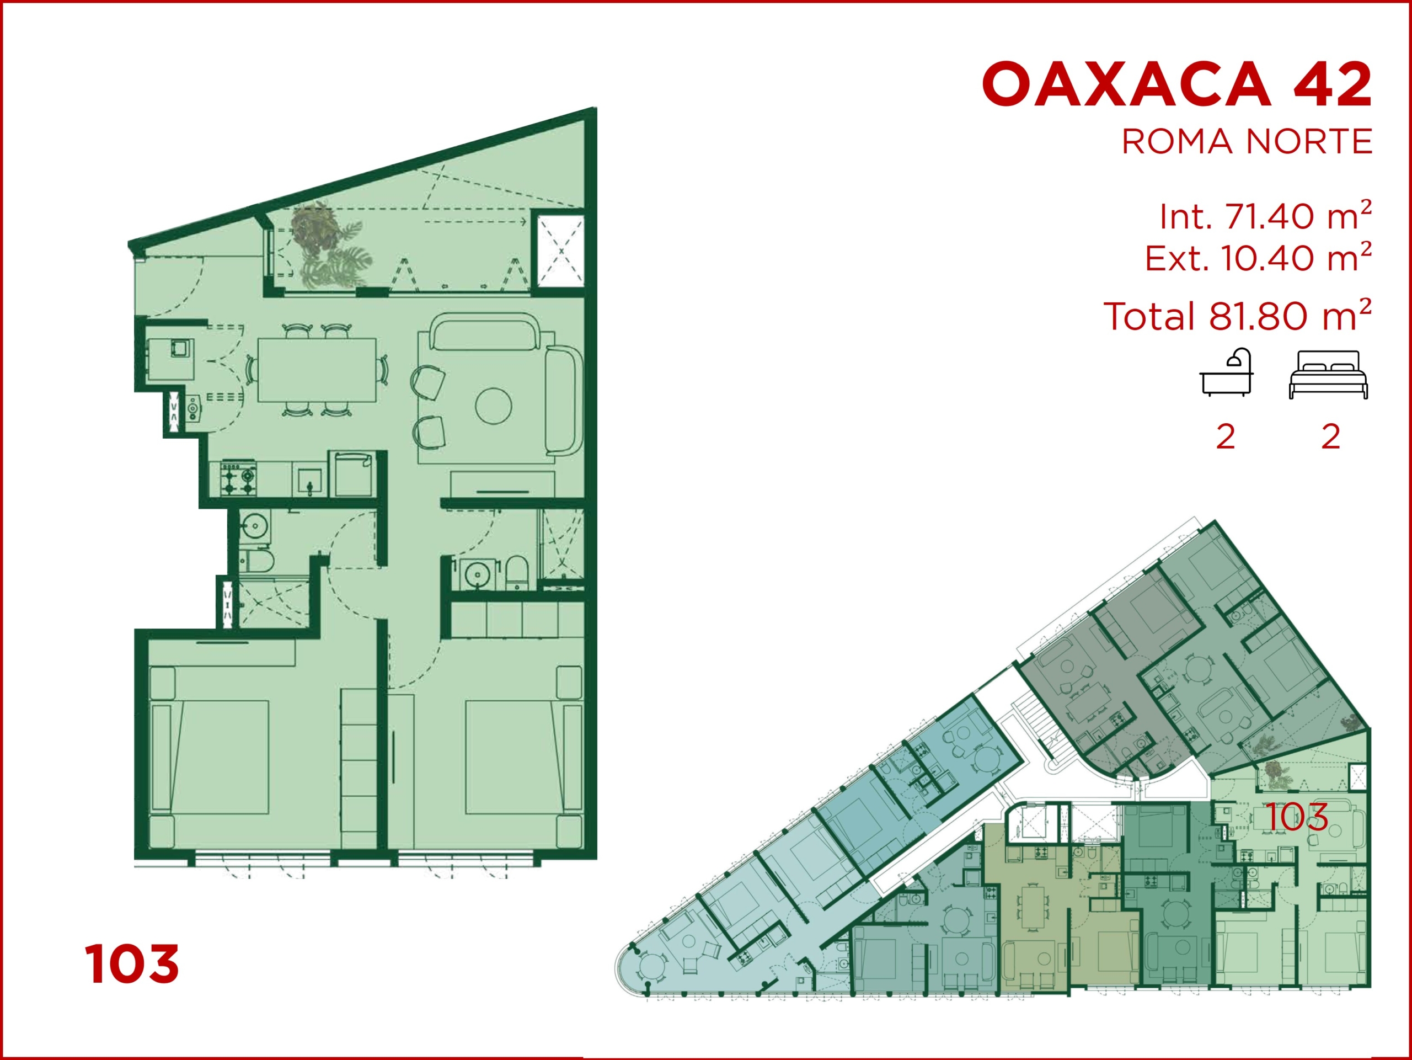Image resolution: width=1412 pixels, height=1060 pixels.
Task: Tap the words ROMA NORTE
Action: [1247, 142]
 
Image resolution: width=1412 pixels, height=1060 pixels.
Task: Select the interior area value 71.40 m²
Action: [1298, 216]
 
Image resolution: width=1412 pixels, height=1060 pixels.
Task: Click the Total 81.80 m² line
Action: [1238, 316]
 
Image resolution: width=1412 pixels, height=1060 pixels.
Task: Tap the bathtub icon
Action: [1226, 372]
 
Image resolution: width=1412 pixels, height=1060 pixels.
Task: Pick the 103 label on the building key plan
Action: [1297, 817]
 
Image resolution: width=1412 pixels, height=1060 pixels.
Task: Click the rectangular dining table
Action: [317, 370]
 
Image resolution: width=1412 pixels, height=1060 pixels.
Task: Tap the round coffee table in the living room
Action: [494, 406]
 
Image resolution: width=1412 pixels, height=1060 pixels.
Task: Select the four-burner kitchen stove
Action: [238, 480]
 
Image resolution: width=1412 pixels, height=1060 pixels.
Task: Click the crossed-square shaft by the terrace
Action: [560, 251]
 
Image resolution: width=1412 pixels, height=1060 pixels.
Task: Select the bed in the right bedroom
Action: [523, 757]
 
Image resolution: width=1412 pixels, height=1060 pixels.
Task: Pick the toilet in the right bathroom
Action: [517, 573]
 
